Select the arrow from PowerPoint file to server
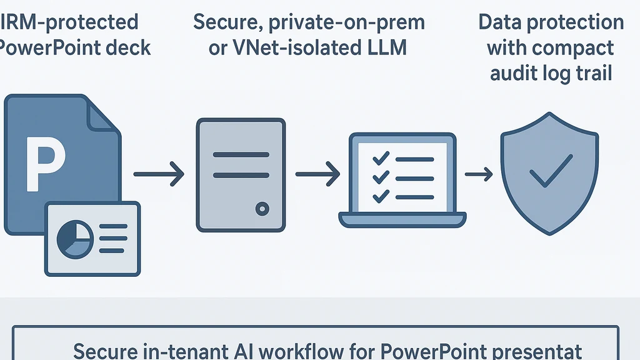[x=159, y=173]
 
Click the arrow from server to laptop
[x=317, y=173]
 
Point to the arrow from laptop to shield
[x=478, y=174]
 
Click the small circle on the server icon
[x=262, y=208]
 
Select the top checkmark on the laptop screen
[x=379, y=158]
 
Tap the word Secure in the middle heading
[x=227, y=22]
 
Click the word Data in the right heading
[x=501, y=22]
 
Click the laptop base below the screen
[x=402, y=219]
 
